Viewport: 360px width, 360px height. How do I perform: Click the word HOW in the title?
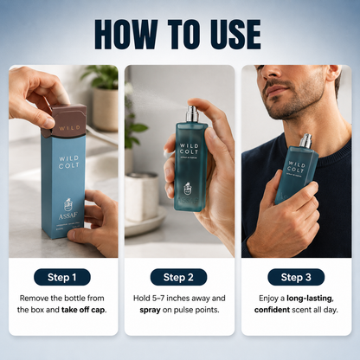point(126,35)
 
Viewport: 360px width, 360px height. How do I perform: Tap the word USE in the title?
point(235,35)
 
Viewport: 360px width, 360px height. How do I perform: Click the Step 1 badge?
point(62,277)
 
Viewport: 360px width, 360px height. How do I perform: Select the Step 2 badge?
point(178,277)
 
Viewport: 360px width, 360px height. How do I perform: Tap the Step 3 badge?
point(296,277)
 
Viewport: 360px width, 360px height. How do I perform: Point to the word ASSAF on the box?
point(67,216)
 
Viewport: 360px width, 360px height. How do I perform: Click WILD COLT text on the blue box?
point(69,162)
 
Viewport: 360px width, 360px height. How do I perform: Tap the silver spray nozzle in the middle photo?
point(193,113)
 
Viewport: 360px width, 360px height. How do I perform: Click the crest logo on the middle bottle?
point(188,188)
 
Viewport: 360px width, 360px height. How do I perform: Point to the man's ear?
point(335,73)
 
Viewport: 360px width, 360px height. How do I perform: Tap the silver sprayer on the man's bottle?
point(305,141)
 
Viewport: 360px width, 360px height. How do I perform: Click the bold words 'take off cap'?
point(84,310)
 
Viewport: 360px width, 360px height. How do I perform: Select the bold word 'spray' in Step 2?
point(150,311)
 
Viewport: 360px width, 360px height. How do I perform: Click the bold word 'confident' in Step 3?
point(272,310)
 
